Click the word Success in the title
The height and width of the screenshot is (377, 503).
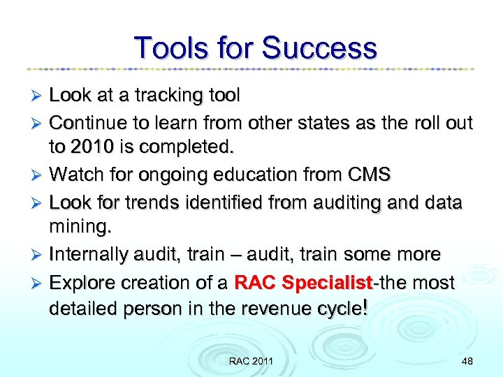coord(319,48)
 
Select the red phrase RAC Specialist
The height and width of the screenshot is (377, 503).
coord(304,283)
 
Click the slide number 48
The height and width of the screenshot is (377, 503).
coord(467,361)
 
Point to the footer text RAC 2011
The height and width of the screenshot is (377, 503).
coord(251,361)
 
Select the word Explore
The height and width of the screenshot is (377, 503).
coord(83,283)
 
